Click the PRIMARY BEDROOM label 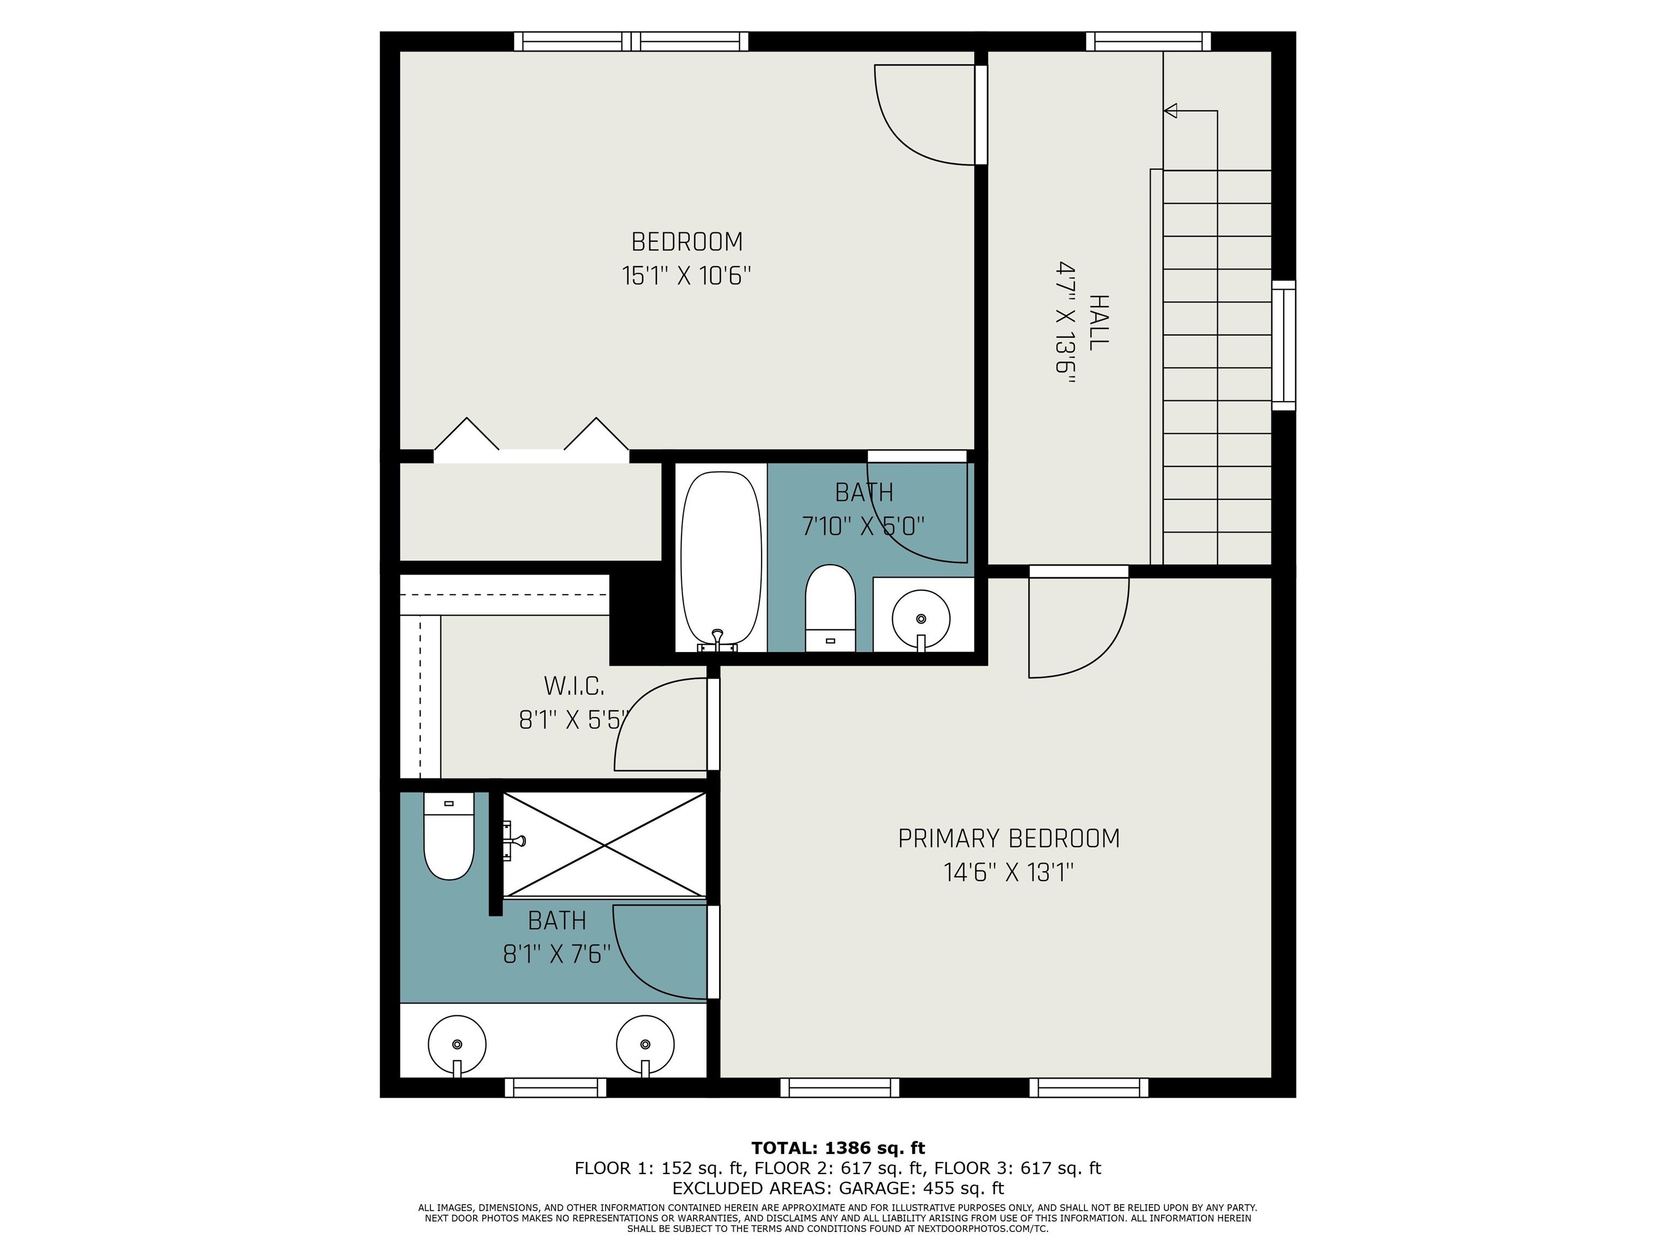point(1008,839)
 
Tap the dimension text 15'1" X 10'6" point(686,275)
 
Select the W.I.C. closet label point(573,686)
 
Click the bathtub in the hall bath point(721,561)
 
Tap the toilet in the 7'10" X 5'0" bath point(830,608)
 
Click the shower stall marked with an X point(604,844)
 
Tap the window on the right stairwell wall point(1284,345)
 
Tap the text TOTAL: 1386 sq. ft point(838,1148)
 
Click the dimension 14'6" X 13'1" point(1008,873)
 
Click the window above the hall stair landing point(1148,41)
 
